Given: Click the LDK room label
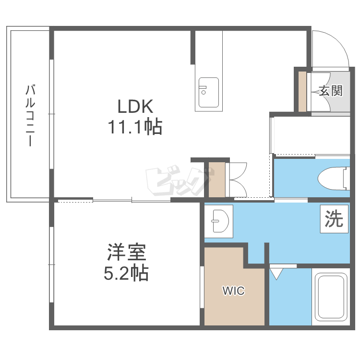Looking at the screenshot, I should pos(135,106).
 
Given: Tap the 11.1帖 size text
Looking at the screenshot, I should pos(135,127).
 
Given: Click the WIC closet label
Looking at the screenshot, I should pos(233,291).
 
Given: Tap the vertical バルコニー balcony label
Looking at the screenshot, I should pos(30,115).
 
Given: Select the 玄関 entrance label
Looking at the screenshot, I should pos(330,91).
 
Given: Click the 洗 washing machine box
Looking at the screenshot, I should pos(334,219).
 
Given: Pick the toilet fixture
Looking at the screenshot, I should pos(333,178).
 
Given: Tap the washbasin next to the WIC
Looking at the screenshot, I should pos(219,221).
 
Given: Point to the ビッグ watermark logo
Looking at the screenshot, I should pos(179,181).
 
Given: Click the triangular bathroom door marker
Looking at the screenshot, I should pos(276,274).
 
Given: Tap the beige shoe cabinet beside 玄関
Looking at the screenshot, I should pos(302,91).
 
